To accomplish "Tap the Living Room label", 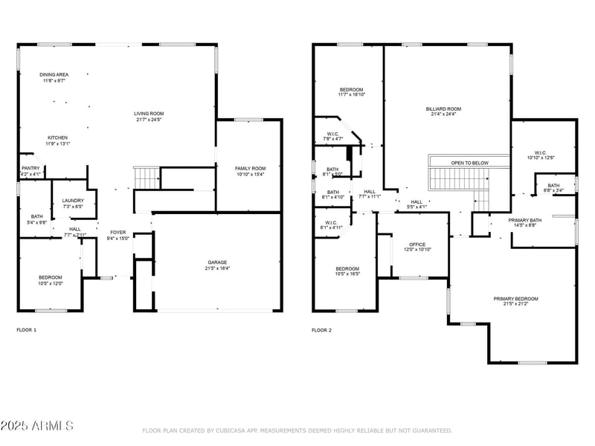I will pos(149,113).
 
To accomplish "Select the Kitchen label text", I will pos(57,138).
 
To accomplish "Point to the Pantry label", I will pos(30,168).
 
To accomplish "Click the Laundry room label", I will pos(73,200).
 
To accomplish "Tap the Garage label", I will pos(217,262).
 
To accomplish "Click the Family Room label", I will pos(250,168).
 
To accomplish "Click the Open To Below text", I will pos(469,162).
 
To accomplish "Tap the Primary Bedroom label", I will pos(515,298).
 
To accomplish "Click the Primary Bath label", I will pos(524,220).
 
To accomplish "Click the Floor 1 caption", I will pos(27,329).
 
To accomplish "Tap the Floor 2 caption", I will pos(321,329).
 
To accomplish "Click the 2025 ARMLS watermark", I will pos(37,426).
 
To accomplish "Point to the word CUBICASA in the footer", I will pos(235,430).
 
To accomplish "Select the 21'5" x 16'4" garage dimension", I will pos(217,268).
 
